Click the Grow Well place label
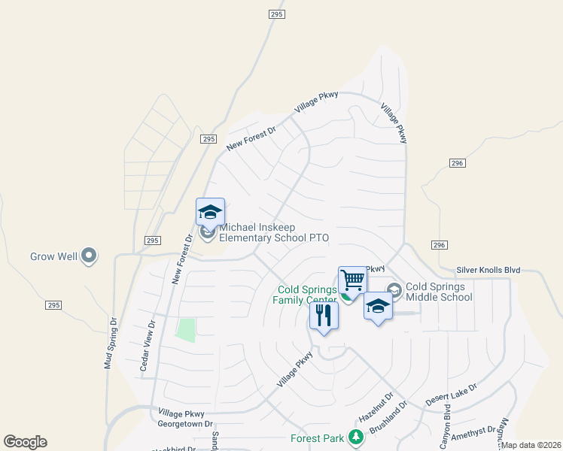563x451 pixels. pyautogui.click(x=53, y=256)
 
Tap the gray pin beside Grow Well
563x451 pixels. pyautogui.click(x=90, y=256)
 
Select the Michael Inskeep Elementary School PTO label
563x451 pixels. pyautogui.click(x=274, y=232)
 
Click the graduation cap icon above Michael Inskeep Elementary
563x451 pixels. pyautogui.click(x=210, y=213)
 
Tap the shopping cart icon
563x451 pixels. pyautogui.click(x=352, y=281)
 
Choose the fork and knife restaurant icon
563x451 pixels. pyautogui.click(x=324, y=316)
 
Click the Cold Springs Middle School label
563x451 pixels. pyautogui.click(x=439, y=292)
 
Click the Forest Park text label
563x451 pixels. pyautogui.click(x=318, y=438)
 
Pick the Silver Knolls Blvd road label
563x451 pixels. pyautogui.click(x=488, y=270)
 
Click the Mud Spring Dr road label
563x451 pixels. pyautogui.click(x=110, y=341)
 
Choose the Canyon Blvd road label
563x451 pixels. pyautogui.click(x=446, y=422)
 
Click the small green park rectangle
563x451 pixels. pyautogui.click(x=185, y=330)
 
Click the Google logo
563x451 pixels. pyautogui.click(x=25, y=442)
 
